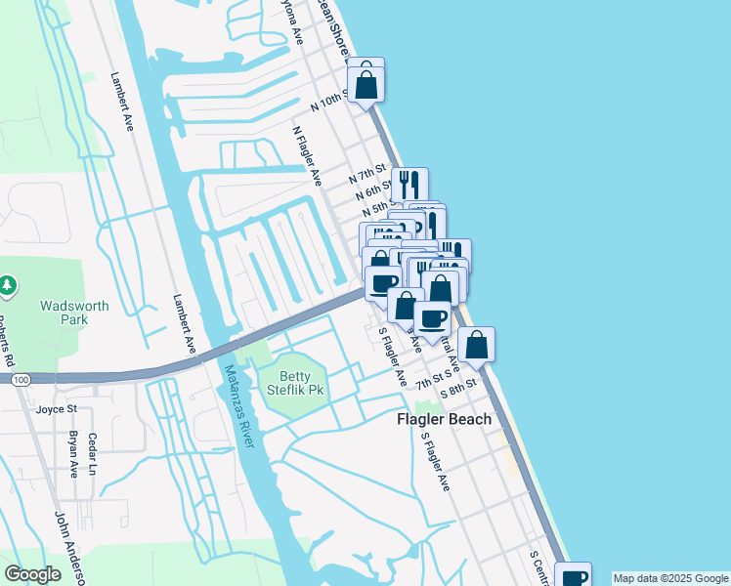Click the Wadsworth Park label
point(74,313)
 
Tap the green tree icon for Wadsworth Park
point(8,285)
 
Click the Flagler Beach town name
point(444,419)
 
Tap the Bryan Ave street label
point(72,454)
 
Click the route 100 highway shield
point(22,378)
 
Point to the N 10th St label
point(329,102)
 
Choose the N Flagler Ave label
point(308,155)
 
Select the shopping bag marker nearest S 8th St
point(476,345)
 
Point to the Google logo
point(32,574)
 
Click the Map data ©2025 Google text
point(670,578)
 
